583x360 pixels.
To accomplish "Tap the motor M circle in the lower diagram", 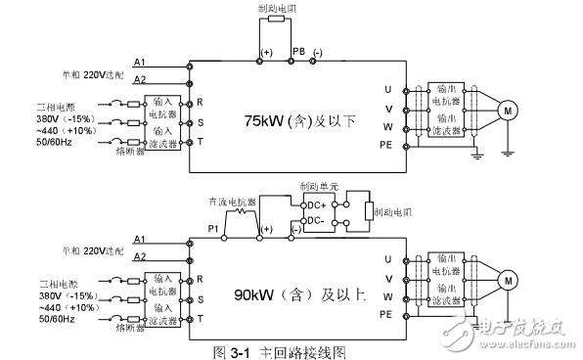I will (x=507, y=280).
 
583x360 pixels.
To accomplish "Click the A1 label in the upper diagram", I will (x=139, y=63).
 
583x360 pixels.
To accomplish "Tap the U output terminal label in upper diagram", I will (x=388, y=90).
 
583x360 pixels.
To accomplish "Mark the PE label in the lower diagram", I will (x=386, y=313).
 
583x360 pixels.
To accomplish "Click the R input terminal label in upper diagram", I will (x=199, y=102).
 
